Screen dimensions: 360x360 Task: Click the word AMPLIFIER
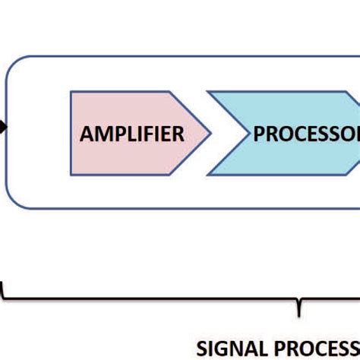click(x=132, y=134)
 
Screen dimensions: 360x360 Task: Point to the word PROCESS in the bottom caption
click(x=311, y=349)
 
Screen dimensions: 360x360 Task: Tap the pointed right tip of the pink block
click(x=210, y=134)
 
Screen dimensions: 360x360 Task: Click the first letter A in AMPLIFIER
click(x=87, y=134)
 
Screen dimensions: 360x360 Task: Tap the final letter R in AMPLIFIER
click(x=178, y=134)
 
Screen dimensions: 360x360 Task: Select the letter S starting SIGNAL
click(x=201, y=349)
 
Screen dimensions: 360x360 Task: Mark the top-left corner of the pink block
click(x=71, y=93)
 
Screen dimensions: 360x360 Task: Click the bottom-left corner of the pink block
click(x=71, y=175)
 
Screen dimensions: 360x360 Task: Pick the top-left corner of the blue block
click(x=207, y=93)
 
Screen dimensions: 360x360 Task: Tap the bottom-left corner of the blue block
click(x=207, y=175)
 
